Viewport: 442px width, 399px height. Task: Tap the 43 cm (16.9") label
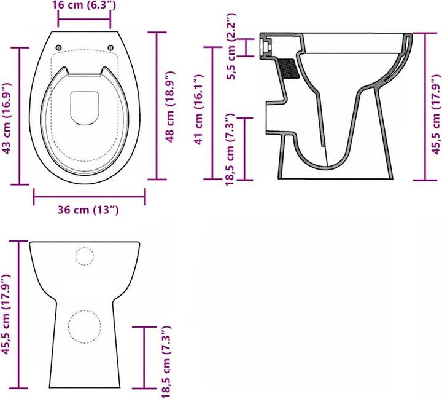(7, 116)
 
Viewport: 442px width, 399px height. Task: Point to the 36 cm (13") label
(88, 210)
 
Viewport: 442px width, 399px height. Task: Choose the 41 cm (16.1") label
(198, 110)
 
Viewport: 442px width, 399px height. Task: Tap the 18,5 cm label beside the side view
(231, 148)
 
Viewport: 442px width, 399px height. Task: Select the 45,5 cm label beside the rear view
(7, 314)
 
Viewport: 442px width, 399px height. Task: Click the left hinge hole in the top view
(59, 47)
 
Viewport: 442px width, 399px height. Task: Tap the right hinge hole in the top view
(111, 47)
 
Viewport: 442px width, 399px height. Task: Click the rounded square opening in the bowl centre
(85, 106)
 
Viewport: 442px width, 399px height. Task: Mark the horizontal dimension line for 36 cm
(89, 197)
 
